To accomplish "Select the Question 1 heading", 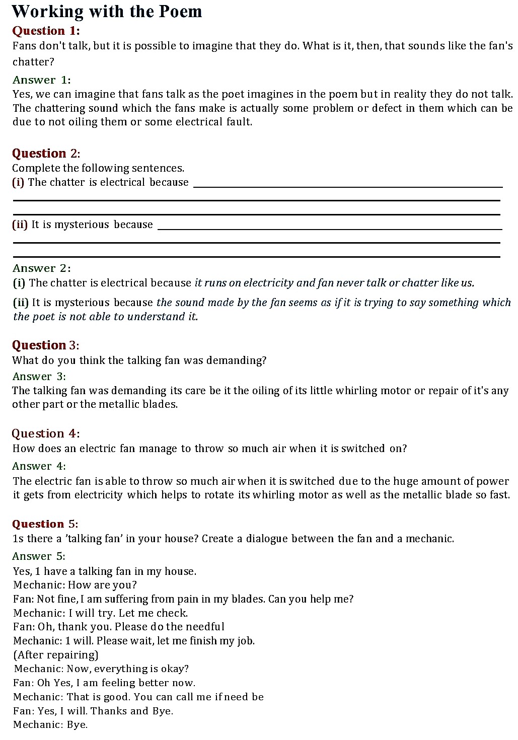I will (x=46, y=31).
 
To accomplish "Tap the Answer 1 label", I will (x=41, y=80).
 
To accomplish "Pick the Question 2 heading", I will (x=46, y=154).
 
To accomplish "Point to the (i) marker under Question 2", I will (x=18, y=182).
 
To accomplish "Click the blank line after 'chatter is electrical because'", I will (x=347, y=186).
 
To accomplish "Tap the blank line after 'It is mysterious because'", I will (x=330, y=229).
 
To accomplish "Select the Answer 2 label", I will (x=41, y=268).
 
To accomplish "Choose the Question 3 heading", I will (x=45, y=345).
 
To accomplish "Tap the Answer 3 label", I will (x=39, y=377).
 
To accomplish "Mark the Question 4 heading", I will (x=45, y=434).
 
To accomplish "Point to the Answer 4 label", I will (x=39, y=466).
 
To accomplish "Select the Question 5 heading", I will (x=45, y=524).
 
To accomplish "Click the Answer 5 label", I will (x=39, y=556).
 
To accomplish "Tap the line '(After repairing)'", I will (x=55, y=655).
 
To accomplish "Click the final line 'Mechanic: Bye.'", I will (x=50, y=725).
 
